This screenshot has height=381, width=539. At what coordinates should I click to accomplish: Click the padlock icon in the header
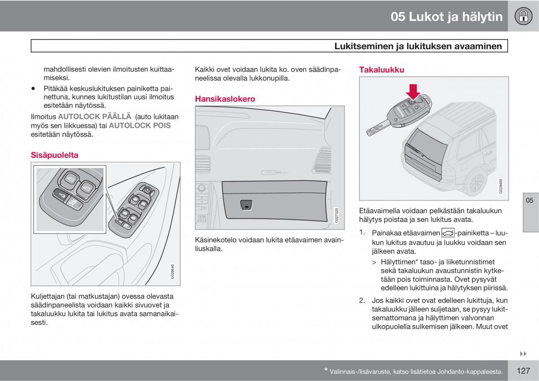coord(523,17)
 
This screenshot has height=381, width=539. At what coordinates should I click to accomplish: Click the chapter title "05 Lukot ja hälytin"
coord(446,17)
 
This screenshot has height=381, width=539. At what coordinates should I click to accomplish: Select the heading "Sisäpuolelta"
coord(54,155)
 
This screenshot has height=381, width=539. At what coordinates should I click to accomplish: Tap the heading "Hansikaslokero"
coord(225,99)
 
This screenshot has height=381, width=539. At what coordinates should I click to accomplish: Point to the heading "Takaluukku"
coord(381,70)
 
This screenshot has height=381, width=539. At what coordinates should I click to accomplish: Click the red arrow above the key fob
coord(413,91)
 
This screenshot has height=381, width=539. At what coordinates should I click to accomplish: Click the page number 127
coord(524,371)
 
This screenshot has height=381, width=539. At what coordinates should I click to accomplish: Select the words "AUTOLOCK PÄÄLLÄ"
coord(94,117)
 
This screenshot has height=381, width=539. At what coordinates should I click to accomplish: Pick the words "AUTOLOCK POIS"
coord(140,126)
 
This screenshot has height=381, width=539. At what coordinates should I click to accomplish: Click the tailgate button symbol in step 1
coord(448,233)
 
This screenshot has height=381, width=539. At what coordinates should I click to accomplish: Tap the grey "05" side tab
coord(530,200)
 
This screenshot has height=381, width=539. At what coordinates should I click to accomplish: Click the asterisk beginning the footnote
coord(326,370)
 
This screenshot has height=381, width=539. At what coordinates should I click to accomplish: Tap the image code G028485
coord(501,185)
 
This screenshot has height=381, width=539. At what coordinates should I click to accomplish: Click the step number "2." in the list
coord(362,300)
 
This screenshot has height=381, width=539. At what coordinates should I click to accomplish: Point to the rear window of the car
coord(429,144)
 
